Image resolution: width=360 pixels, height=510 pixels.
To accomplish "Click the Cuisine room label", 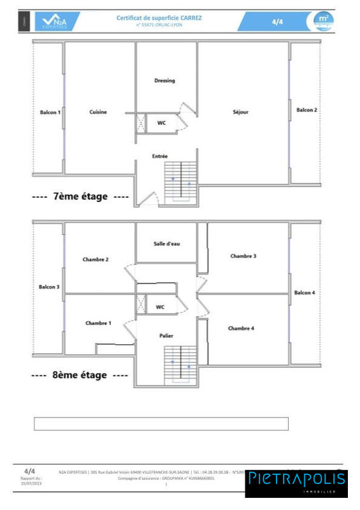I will click(x=98, y=112).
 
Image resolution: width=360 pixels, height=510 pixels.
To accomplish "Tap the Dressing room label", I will click(x=164, y=81).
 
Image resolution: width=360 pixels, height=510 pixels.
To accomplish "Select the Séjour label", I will click(x=240, y=112).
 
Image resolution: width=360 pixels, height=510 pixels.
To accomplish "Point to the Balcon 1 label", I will click(x=50, y=112).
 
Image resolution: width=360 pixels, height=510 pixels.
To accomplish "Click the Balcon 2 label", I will click(x=306, y=110).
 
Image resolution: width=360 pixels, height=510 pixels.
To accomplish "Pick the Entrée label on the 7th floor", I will click(x=160, y=156).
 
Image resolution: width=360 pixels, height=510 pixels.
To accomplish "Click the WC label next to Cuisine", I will click(x=161, y=123).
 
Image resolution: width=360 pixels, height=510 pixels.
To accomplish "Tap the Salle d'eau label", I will click(x=167, y=244).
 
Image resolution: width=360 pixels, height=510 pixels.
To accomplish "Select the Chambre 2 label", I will click(x=96, y=259).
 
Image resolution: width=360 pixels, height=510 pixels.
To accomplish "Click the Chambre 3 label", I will click(x=243, y=256).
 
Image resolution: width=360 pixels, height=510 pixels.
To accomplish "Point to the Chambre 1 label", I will click(x=98, y=323).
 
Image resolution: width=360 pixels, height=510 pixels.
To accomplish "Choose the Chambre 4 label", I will click(x=241, y=328).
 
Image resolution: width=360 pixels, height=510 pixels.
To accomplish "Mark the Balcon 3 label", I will click(x=49, y=287).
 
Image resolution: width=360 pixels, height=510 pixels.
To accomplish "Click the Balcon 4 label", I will click(x=305, y=293).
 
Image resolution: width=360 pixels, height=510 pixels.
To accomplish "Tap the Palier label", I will click(x=166, y=335).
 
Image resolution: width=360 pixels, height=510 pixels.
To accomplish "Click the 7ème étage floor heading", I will click(x=80, y=196).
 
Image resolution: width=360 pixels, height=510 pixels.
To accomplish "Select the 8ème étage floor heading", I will click(x=80, y=375).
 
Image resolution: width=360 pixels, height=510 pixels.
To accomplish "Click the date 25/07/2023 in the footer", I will click(x=31, y=483).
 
